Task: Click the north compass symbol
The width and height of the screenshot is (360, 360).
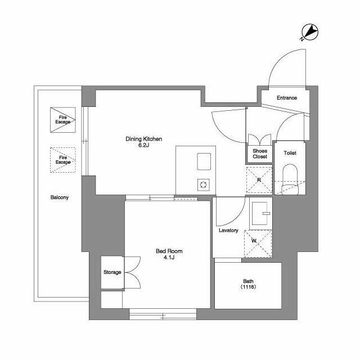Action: (x=309, y=32)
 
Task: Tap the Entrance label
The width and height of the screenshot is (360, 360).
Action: (x=287, y=98)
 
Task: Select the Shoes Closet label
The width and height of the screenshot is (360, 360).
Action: (x=260, y=154)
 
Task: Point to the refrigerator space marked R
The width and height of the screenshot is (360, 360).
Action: (x=259, y=180)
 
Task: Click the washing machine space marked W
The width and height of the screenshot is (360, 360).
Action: (x=258, y=244)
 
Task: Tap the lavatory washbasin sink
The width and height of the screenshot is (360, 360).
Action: (x=261, y=214)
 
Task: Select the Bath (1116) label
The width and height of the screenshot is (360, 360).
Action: (x=248, y=283)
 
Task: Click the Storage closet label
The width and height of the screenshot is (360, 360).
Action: (x=112, y=272)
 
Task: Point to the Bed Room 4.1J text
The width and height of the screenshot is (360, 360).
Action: (x=169, y=254)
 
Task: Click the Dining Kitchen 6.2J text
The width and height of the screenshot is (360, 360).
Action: (x=144, y=142)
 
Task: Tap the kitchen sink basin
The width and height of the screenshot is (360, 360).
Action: (x=204, y=161)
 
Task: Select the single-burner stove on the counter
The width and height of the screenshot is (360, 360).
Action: (x=204, y=185)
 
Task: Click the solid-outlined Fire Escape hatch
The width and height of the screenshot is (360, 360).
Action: (x=63, y=120)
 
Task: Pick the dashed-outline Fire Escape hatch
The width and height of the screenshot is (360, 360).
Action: (x=63, y=160)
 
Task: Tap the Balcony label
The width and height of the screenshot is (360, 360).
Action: (x=60, y=197)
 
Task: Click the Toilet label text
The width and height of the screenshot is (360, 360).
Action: (x=290, y=153)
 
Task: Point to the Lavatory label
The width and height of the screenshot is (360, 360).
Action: (x=228, y=230)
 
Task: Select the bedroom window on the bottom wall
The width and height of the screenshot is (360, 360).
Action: (x=163, y=314)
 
